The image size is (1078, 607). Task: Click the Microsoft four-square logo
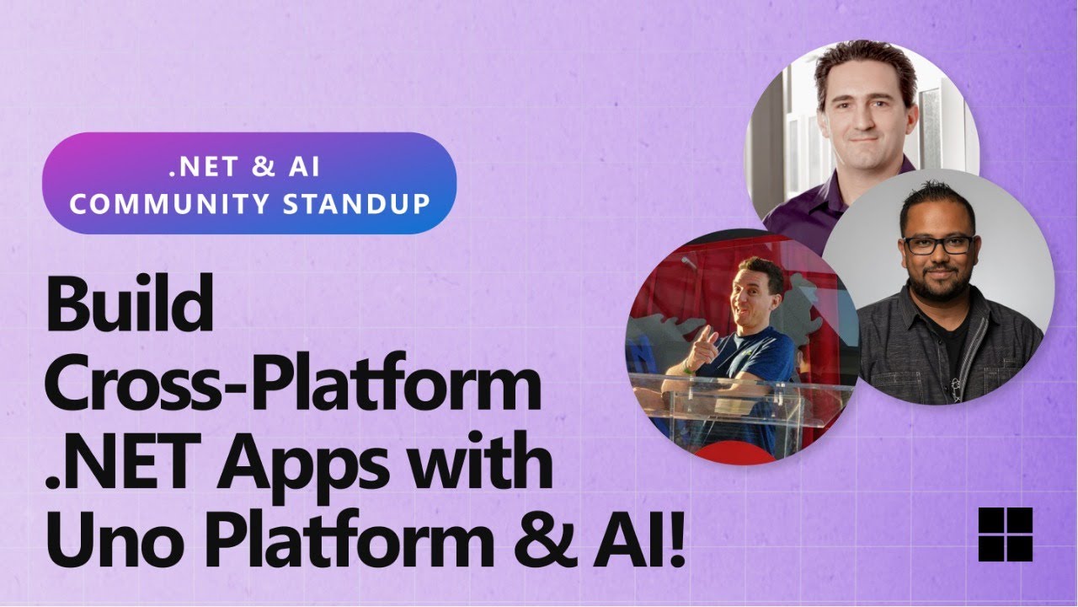tap(1005, 534)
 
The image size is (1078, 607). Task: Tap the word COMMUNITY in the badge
tap(173, 203)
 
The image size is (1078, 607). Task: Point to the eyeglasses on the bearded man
tap(937, 244)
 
